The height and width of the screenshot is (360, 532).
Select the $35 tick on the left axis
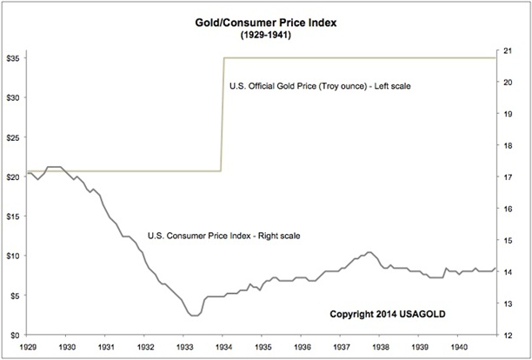[13, 58]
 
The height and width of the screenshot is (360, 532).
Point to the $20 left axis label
[13, 177]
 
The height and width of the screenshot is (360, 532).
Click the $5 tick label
[15, 296]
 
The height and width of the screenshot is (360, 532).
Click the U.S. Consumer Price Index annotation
[223, 235]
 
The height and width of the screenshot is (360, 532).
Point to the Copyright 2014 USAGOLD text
[383, 314]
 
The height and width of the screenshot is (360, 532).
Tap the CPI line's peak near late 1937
[370, 252]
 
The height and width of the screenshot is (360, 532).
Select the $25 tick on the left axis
[13, 137]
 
